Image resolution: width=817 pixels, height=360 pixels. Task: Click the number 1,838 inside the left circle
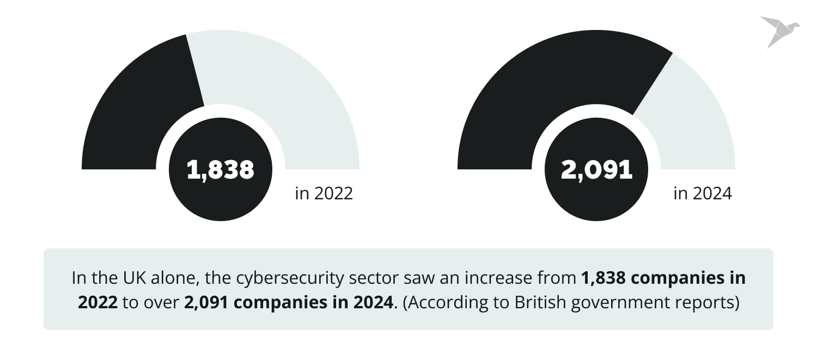(220, 170)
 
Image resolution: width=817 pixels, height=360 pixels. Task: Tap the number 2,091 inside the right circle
(596, 170)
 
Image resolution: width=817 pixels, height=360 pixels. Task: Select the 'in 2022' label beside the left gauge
(324, 193)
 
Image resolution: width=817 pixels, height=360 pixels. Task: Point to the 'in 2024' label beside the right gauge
(702, 193)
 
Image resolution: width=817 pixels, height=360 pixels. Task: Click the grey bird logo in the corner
(779, 30)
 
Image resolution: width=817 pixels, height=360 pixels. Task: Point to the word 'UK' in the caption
(129, 278)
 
